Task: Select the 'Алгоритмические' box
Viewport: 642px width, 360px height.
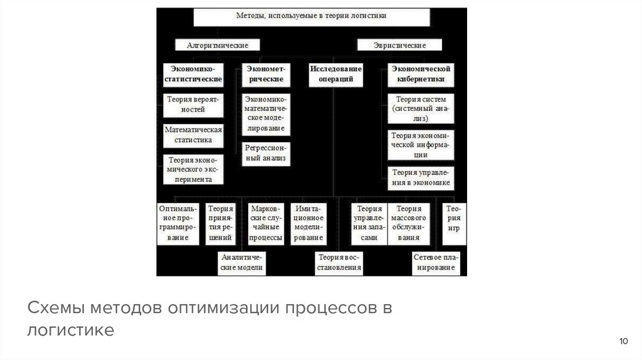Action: [x=218, y=45]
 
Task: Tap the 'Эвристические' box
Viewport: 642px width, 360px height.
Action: [x=400, y=45]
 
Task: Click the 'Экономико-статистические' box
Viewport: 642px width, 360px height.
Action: [x=193, y=73]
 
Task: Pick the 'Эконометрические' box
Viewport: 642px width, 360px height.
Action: [x=265, y=73]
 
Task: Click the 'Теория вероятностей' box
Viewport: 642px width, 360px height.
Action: [x=193, y=104]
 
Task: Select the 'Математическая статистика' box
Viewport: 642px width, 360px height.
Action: [x=193, y=135]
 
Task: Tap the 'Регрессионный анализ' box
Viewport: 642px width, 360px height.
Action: [x=265, y=153]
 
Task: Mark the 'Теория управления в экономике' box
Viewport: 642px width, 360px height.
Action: [x=421, y=177]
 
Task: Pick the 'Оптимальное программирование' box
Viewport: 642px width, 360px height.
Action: [x=178, y=223]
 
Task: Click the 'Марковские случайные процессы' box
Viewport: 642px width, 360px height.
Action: [x=265, y=223]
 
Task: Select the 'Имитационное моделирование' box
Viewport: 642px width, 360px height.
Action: [x=308, y=223]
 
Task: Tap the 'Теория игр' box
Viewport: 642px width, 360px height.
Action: [x=453, y=219]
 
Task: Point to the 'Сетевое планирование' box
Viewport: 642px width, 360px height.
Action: [x=436, y=262]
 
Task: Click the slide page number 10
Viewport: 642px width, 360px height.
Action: [x=623, y=341]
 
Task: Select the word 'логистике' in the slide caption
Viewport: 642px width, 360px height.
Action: [x=70, y=330]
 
